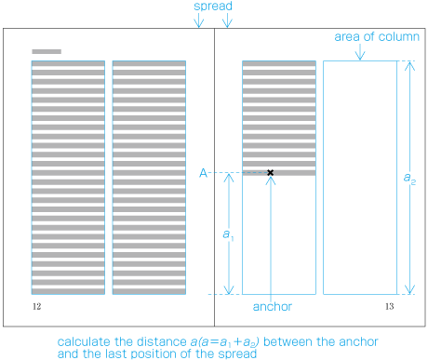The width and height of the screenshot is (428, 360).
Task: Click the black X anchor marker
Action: click(271, 173)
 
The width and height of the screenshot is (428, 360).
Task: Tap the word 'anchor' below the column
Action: click(272, 306)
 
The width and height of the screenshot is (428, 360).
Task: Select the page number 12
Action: click(35, 305)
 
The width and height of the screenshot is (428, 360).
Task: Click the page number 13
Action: click(390, 305)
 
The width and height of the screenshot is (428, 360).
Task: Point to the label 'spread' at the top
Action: click(213, 7)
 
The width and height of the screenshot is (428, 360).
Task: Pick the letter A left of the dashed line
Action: click(203, 173)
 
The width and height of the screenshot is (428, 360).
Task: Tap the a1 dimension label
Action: click(227, 234)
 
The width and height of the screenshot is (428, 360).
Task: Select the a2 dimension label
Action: click(410, 177)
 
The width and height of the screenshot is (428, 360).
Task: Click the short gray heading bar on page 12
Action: click(47, 51)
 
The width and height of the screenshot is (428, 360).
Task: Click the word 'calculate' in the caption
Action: click(85, 341)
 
